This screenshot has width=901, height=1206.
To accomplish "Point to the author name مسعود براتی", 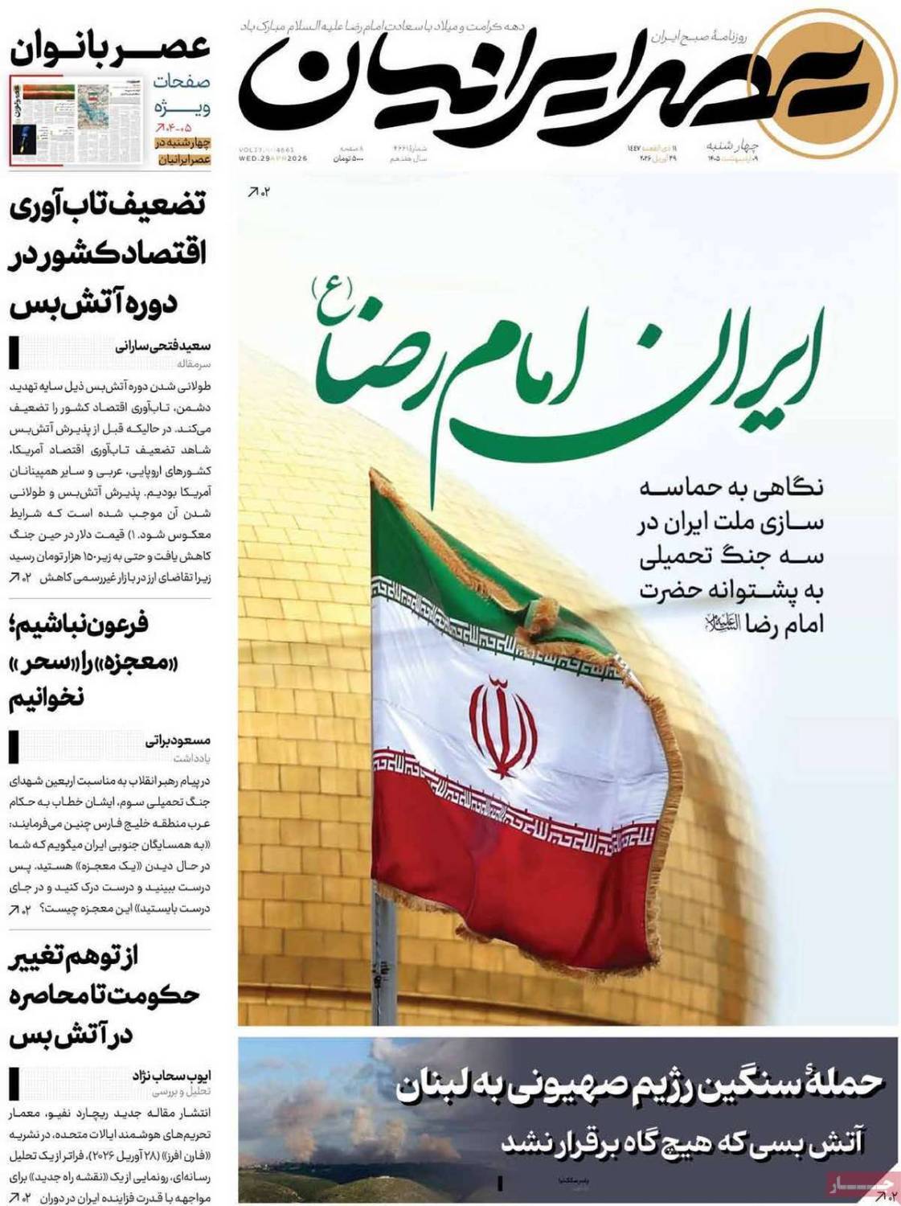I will click(x=178, y=740).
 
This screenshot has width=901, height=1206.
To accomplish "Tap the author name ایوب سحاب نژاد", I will click(x=171, y=1076).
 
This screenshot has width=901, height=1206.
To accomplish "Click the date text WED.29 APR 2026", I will click(x=273, y=158).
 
